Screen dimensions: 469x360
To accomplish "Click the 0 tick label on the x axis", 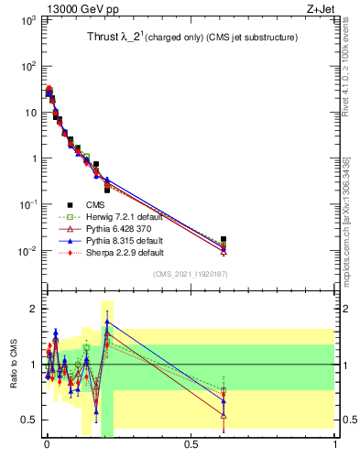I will pyautogui.click(x=47, y=444).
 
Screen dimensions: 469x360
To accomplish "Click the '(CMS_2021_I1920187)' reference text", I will pyautogui.click(x=191, y=275).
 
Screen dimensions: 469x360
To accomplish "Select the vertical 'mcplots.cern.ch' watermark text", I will pyautogui.click(x=351, y=211).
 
